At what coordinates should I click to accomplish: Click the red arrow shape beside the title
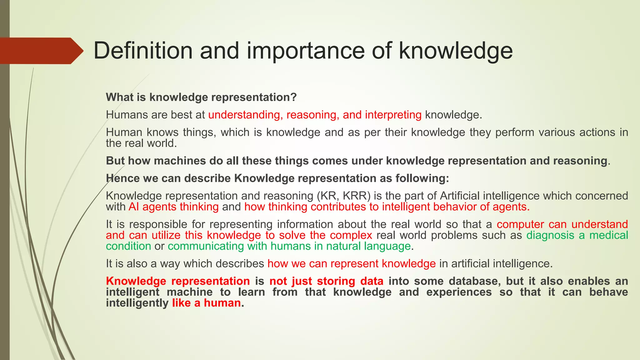[x=41, y=51]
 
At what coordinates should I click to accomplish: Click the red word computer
[x=520, y=224]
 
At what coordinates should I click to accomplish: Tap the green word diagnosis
[x=550, y=235]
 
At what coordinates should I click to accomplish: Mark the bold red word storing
[x=336, y=281]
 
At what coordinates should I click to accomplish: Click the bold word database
[x=475, y=281]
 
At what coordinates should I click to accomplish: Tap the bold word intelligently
[x=137, y=303]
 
